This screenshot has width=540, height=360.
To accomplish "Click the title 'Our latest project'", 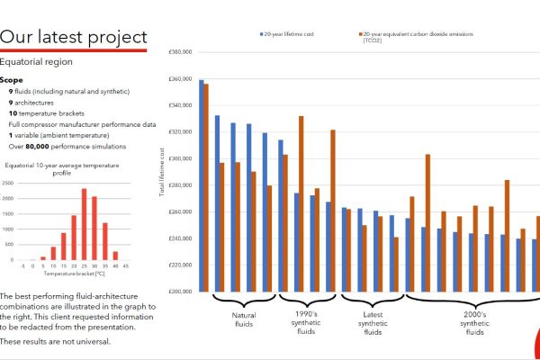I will tap(74, 37).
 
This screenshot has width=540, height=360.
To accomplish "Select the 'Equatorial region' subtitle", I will tap(37, 63).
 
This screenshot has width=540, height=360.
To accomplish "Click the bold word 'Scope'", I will tap(12, 80).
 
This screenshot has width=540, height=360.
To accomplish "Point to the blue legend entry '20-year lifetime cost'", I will tap(288, 34).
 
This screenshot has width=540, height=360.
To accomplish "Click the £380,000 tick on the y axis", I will tap(181, 52).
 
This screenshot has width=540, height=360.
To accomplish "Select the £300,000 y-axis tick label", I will tap(181, 158).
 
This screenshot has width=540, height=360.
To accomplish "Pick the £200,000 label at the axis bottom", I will tap(181, 292).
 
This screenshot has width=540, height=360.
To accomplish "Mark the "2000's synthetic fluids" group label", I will tap(473, 325).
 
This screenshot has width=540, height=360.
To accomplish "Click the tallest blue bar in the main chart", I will tap(202, 185).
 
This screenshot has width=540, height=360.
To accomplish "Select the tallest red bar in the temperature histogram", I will tap(84, 224).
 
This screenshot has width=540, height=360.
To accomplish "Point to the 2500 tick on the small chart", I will tap(8, 184).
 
